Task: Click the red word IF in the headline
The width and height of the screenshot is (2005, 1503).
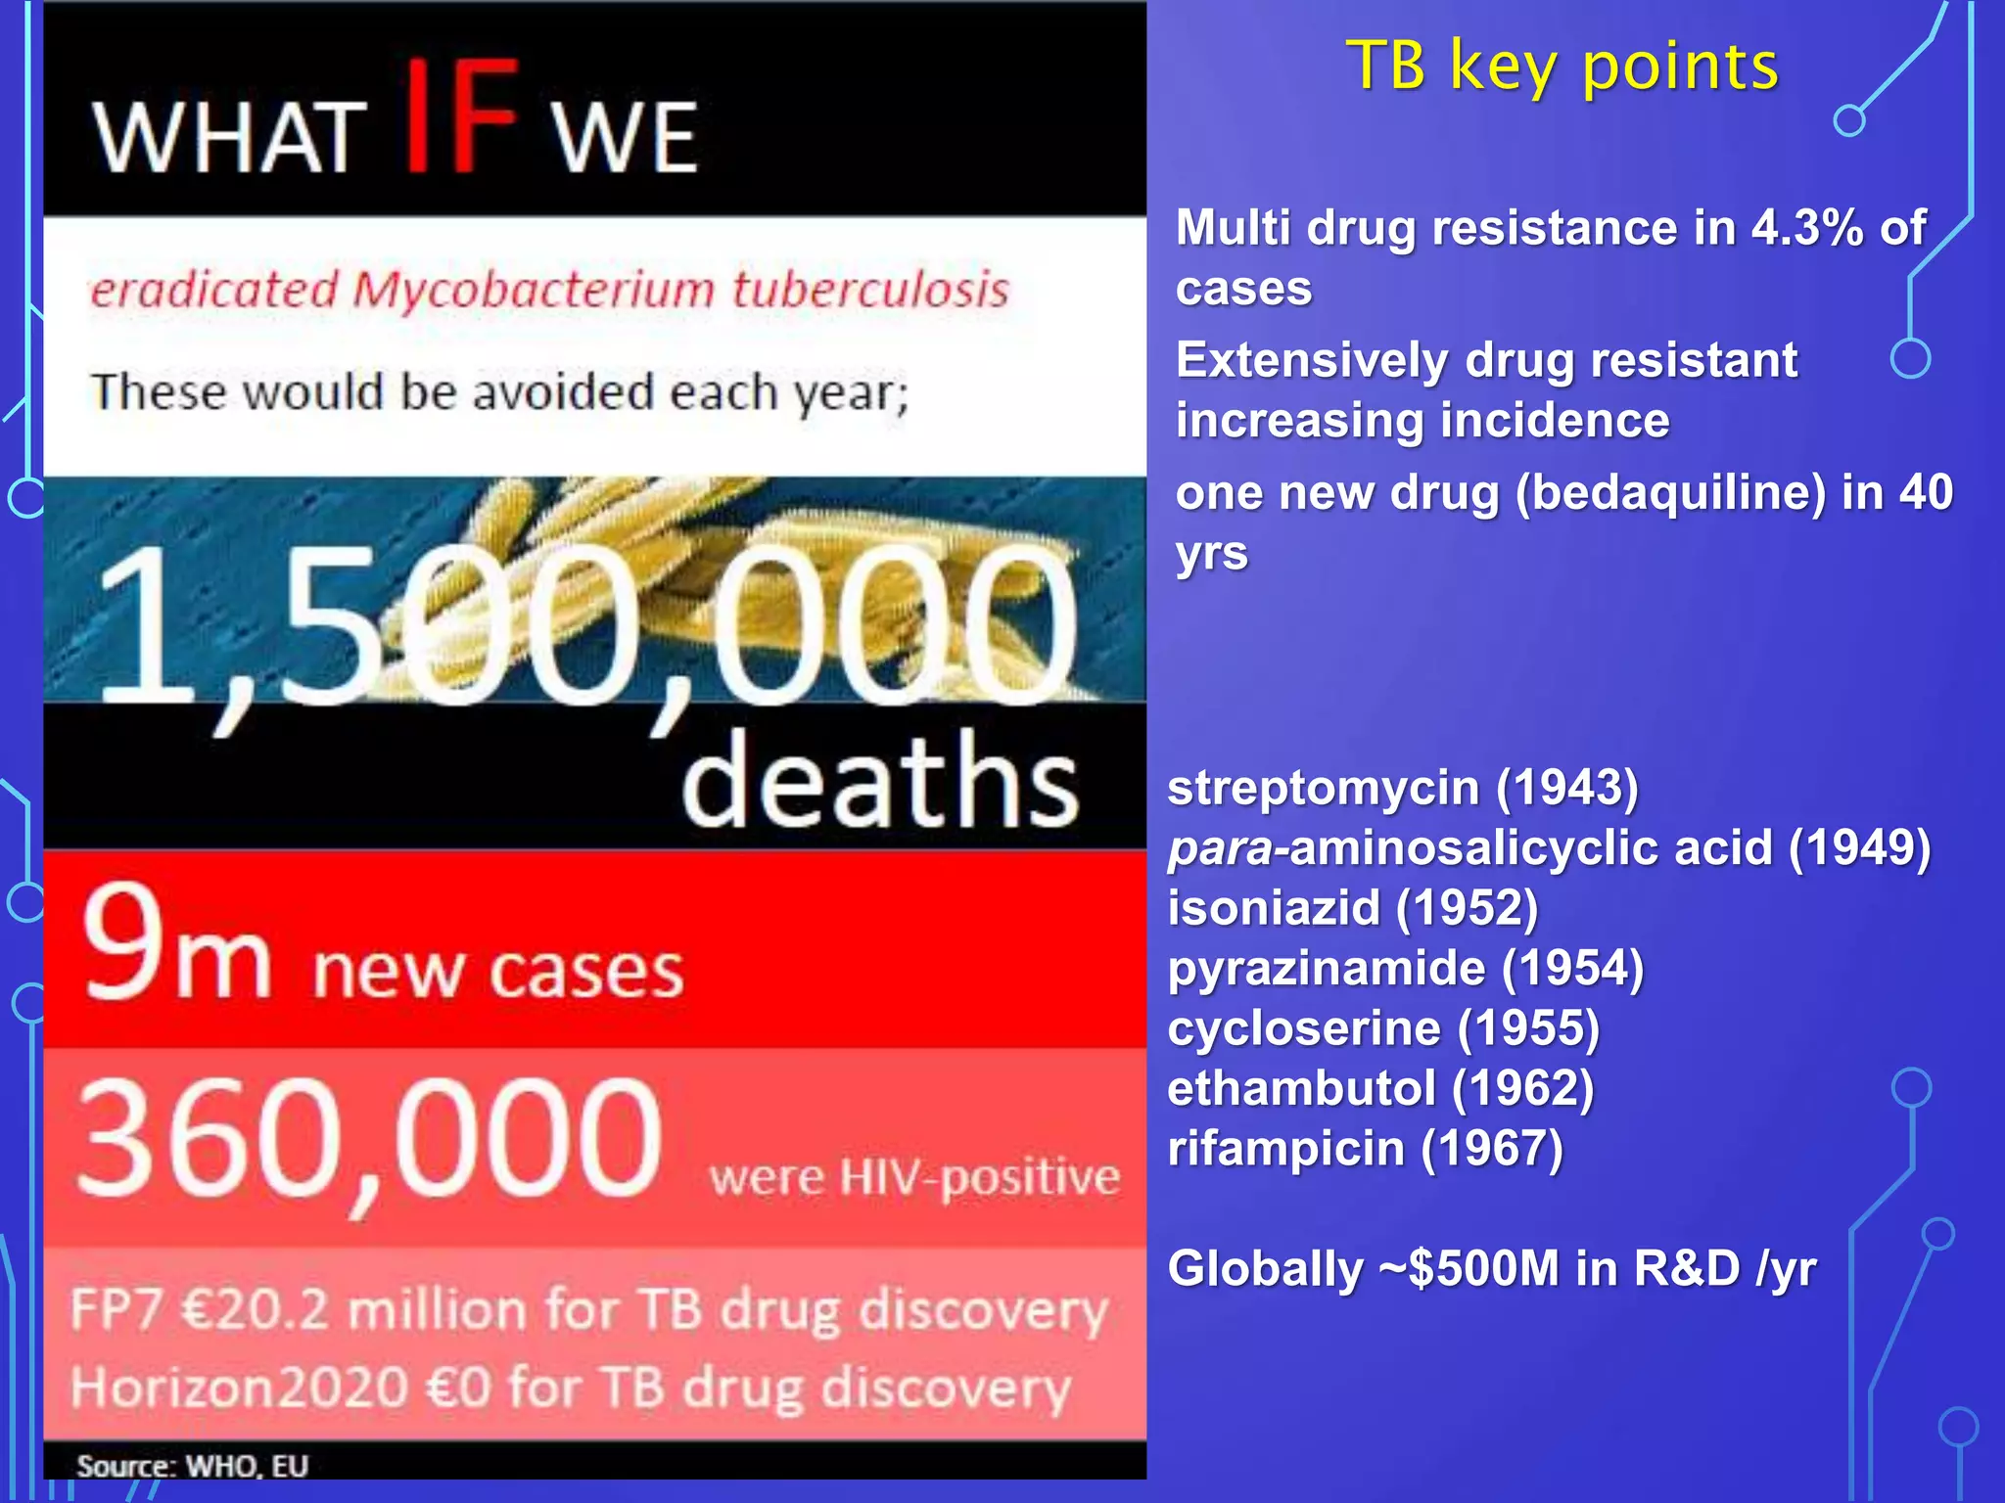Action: coord(460,117)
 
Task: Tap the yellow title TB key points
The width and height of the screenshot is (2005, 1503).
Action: coord(1562,67)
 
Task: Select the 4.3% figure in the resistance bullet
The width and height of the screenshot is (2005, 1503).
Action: coord(1806,228)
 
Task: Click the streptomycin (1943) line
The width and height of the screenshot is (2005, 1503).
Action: coord(1402,789)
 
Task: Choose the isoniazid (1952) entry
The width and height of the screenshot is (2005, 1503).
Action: coord(1352,908)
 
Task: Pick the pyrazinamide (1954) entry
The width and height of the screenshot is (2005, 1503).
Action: coord(1405,969)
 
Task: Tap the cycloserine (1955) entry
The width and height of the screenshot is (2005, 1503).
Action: coord(1383,1028)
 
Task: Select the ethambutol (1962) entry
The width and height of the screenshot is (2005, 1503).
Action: coord(1380,1089)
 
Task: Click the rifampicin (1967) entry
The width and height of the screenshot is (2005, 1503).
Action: coord(1365,1149)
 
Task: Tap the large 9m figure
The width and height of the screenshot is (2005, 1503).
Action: coord(176,945)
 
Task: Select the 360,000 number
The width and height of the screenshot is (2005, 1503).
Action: coord(369,1140)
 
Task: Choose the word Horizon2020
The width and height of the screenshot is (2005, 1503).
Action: coord(239,1389)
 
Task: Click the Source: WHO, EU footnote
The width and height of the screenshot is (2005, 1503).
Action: coord(193,1466)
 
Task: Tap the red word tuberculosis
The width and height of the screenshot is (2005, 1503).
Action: coord(870,291)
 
